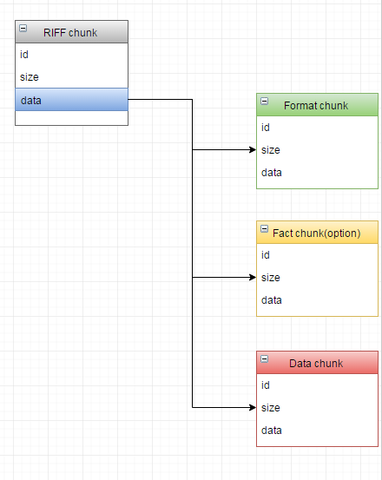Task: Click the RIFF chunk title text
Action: coord(70,33)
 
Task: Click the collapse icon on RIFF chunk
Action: coord(23,28)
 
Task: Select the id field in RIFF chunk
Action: coord(24,55)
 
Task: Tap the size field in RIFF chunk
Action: coord(30,77)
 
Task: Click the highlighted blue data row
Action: coord(71,100)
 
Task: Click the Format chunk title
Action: coord(316,106)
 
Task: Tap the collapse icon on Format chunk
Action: coord(265,101)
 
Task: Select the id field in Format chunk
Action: coord(266,128)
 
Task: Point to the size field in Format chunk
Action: coord(271,150)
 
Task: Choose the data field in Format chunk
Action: coord(272,173)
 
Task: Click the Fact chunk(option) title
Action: coord(317,233)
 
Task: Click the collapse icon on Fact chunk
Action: coord(265,228)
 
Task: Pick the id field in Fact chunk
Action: coord(266,255)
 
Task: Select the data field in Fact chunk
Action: coord(272,300)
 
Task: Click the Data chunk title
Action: coord(316,364)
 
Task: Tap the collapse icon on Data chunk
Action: coord(265,358)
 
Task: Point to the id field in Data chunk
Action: coord(266,385)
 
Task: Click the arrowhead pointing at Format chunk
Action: coord(253,149)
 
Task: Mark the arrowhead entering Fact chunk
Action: coord(253,278)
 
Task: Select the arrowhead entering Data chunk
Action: coord(253,407)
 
